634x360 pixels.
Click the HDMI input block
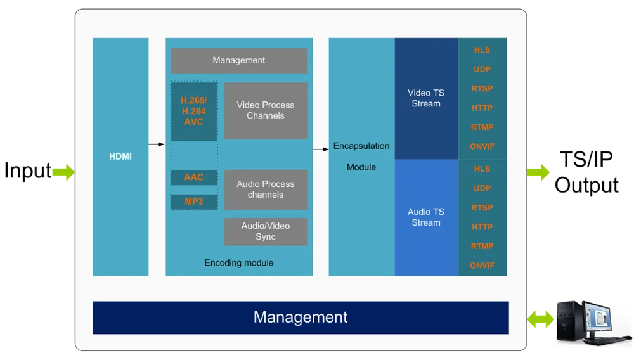coord(120,157)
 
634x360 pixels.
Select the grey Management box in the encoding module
coord(239,61)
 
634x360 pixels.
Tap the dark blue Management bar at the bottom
coord(301,318)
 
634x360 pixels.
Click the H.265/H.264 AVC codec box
coord(194,111)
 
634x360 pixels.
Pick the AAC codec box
coord(194,177)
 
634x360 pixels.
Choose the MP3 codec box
coord(194,202)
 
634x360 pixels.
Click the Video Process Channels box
coord(266,110)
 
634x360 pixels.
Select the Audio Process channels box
coord(266,190)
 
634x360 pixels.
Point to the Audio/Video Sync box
coord(266,231)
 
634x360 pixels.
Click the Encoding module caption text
coord(239,262)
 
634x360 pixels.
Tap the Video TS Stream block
coord(426,98)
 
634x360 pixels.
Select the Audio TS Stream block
coord(426,217)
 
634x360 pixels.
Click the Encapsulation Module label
coord(361,157)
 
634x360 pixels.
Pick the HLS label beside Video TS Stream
coord(482,50)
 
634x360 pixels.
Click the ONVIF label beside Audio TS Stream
coord(482,266)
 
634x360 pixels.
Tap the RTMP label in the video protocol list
coord(482,127)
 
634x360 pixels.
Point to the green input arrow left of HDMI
coord(63,172)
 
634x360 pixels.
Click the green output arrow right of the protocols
coord(539,172)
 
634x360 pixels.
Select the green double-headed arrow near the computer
coord(540,320)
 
